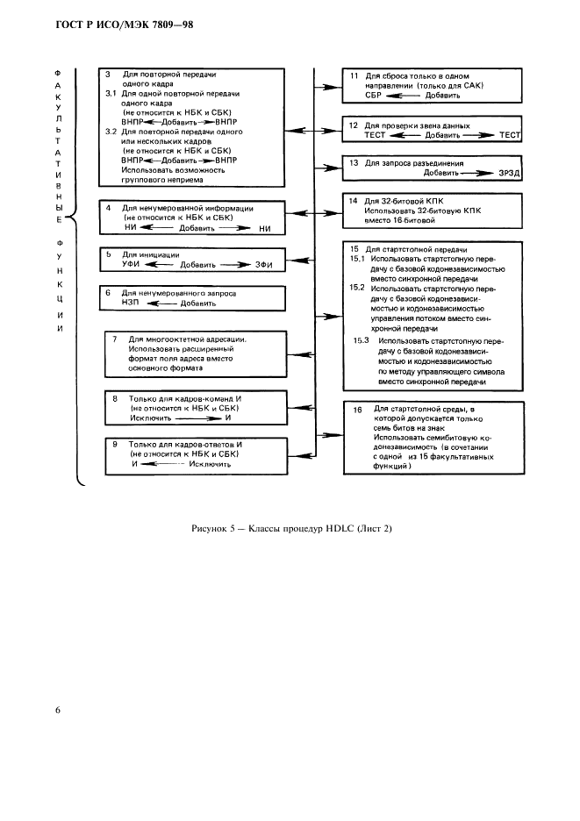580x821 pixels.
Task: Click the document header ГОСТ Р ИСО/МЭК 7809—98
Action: click(125, 25)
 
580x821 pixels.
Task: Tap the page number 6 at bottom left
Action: click(58, 710)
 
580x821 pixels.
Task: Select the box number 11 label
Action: click(354, 76)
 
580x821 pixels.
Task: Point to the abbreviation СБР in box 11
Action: click(373, 96)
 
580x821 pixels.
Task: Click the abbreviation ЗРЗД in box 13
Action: click(509, 173)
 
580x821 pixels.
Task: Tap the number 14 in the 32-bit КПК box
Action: click(353, 201)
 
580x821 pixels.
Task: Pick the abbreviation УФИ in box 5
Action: click(131, 264)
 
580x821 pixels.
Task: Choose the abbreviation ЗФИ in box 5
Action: click(263, 265)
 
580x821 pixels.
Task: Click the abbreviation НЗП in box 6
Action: click(130, 303)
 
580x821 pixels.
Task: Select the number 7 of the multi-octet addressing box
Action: click(115, 339)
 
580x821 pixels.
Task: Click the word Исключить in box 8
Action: click(150, 418)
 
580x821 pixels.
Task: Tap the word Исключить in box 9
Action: click(210, 464)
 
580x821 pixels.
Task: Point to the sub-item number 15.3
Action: click(361, 341)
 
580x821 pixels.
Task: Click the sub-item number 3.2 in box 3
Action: click(111, 132)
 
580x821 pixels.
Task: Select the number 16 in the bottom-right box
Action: click(357, 410)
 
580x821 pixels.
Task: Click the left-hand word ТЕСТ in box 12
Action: click(375, 135)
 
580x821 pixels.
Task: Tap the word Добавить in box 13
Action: click(441, 173)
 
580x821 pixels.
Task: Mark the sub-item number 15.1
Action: click(357, 259)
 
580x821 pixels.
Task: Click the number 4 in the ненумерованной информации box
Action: click(109, 209)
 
